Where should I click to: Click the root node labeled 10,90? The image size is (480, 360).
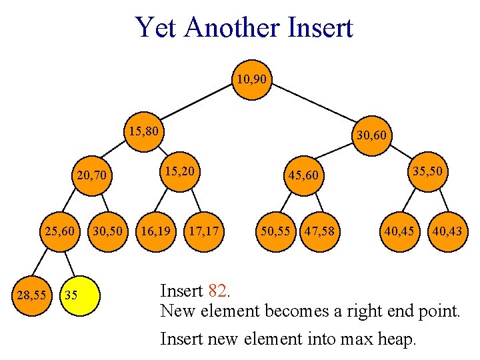click(x=251, y=80)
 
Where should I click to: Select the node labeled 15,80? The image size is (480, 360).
click(x=144, y=131)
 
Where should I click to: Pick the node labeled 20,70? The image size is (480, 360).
click(x=91, y=177)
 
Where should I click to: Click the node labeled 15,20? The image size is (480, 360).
click(x=180, y=171)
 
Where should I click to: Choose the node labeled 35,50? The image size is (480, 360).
click(x=427, y=171)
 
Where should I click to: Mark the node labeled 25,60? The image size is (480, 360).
click(x=59, y=231)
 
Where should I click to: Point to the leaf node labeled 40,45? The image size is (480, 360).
click(x=398, y=231)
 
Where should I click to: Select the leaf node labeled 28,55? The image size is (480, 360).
click(x=32, y=293)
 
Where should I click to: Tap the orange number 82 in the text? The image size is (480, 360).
click(x=217, y=291)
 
